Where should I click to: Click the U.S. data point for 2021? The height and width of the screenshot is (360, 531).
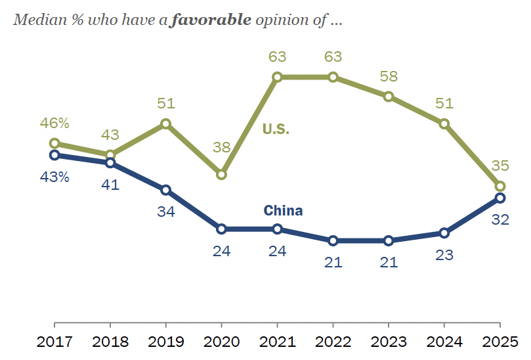click(277, 77)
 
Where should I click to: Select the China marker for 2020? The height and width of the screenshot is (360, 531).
click(221, 229)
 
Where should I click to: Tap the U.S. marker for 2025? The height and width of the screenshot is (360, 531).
click(499, 186)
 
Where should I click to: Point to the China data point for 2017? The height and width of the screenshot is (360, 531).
click(54, 155)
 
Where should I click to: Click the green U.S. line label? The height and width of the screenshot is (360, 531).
click(276, 129)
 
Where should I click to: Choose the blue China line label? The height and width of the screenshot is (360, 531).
click(283, 211)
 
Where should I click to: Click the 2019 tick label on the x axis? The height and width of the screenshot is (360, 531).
click(165, 343)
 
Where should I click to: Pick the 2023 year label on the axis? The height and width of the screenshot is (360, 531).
click(389, 343)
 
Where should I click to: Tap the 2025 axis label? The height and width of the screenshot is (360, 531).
click(499, 343)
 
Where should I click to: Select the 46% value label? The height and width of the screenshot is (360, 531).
click(55, 123)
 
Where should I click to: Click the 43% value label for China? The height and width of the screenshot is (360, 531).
click(54, 177)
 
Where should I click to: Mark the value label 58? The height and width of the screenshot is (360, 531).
click(389, 76)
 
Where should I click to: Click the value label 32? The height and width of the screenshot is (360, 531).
click(500, 219)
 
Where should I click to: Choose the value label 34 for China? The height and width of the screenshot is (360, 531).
click(165, 212)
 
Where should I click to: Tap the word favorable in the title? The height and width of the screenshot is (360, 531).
click(210, 19)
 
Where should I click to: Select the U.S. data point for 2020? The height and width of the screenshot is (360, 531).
click(221, 174)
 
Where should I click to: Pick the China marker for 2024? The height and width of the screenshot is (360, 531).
click(444, 233)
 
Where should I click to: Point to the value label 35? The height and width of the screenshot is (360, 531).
click(500, 165)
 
